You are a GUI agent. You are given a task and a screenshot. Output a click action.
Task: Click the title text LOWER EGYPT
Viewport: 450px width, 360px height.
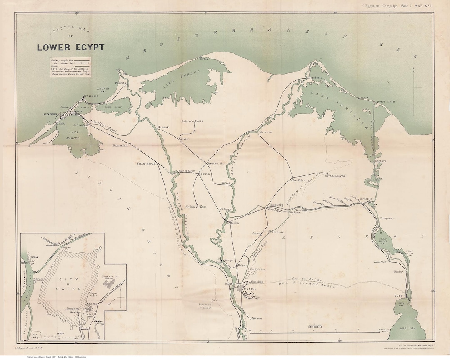click(x=70, y=47)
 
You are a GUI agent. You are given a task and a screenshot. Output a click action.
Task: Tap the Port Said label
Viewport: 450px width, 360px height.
click(x=385, y=102)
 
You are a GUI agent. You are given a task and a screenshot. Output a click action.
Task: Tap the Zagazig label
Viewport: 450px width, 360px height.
click(x=277, y=205)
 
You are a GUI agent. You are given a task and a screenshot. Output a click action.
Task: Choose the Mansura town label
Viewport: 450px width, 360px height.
click(x=265, y=132)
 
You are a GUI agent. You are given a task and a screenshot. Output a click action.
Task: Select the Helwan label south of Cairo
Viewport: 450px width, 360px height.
click(x=257, y=318)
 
